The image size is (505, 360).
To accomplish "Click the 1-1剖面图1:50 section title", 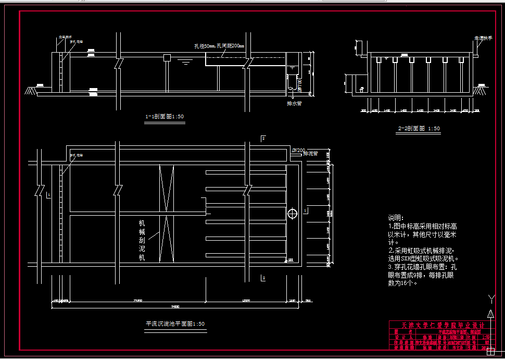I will pos(164,117).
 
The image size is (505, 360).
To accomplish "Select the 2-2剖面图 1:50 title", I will pos(419,128).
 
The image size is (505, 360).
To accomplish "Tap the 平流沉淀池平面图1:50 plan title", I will pos(175,324).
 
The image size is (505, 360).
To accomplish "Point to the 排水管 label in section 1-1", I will pos(294,103).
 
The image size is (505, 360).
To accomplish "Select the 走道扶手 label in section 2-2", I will pos(483,38).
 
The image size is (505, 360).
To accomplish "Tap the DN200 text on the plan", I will pos(298,151).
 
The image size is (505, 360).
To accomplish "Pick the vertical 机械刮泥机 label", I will pos(142,241).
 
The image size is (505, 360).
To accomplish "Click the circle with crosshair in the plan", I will pos(292,213).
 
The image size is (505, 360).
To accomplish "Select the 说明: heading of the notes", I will pos(395,218).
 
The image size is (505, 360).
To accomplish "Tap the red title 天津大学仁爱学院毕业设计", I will pos(440,325).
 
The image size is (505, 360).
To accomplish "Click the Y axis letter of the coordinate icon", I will pos(491,298).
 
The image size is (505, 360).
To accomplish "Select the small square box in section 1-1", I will pos(167,57).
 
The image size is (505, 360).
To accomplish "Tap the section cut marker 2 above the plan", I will pos(263,138).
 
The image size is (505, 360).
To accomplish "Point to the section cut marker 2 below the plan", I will pos(263,278).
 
